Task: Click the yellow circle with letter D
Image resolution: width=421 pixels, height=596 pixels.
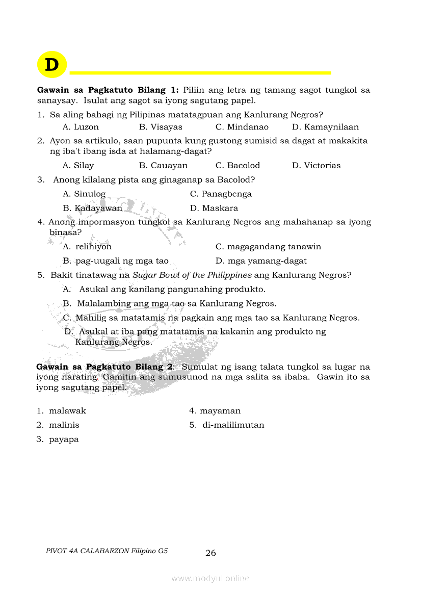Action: click(52, 65)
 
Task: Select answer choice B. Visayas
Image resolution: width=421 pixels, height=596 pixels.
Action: click(161, 127)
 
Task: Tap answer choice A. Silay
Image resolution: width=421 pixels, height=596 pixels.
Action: click(78, 166)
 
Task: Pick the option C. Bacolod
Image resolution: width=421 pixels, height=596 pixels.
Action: click(238, 166)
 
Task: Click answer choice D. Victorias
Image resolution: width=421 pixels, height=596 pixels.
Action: click(316, 166)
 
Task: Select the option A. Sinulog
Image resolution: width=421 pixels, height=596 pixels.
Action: click(84, 194)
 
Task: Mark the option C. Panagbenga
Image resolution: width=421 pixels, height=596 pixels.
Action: click(221, 194)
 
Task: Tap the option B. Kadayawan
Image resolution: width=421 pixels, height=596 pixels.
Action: click(92, 208)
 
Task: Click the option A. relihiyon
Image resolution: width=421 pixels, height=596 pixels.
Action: click(87, 247)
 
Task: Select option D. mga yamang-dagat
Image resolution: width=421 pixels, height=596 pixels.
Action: click(261, 261)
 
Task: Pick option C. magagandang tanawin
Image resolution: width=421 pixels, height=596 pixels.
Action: click(268, 247)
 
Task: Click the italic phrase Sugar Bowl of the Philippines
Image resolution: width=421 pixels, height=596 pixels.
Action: click(192, 275)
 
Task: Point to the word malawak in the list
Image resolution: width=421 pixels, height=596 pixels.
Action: click(67, 411)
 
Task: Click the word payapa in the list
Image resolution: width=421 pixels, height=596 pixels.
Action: click(64, 439)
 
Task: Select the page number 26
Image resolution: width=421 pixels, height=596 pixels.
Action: click(210, 553)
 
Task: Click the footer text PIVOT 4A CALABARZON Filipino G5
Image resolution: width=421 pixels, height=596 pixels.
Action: click(107, 551)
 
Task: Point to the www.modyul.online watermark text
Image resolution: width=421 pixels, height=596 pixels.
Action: click(210, 578)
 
